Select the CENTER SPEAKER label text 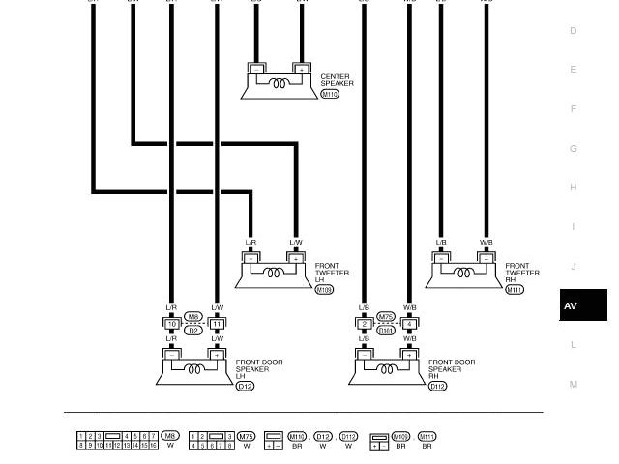coord(337,80)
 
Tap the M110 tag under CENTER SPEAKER coord(330,95)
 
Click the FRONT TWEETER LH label coord(332,273)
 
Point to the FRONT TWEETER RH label coord(522,273)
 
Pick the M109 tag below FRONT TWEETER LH coord(324,290)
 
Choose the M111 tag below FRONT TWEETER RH coord(514,290)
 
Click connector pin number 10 coord(171,324)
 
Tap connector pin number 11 coord(217,324)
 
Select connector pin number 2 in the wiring coord(365,324)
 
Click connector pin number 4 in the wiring coord(409,324)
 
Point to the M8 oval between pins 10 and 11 coord(193,317)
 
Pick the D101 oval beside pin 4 coord(386,331)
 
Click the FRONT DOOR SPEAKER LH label coord(259,369)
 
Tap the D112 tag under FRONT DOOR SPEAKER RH coord(437,387)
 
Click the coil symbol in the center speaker coord(279,84)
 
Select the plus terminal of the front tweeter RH coord(486,259)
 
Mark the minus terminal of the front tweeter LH coord(251,259)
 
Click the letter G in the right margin coord(574,149)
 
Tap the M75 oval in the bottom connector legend coord(247,437)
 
